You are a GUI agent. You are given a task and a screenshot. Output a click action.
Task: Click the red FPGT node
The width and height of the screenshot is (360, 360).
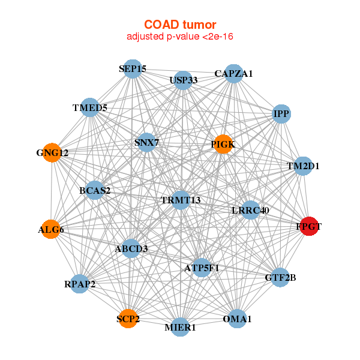pos(309,226)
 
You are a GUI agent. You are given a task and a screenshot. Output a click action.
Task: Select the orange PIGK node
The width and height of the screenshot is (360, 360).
pos(223,144)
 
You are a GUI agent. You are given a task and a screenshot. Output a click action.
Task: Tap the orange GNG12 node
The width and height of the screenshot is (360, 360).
pos(52,152)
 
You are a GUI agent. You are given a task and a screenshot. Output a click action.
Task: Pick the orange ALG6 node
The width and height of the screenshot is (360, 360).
pos(51,229)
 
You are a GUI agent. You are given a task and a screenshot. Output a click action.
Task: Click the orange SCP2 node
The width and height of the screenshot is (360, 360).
pos(128,318)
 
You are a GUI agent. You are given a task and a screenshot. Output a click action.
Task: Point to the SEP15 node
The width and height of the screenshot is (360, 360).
pos(133,69)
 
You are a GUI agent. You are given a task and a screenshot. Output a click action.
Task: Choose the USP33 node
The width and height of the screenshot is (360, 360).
pos(183,79)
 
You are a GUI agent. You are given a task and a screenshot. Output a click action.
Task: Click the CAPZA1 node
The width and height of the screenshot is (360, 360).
pos(234,74)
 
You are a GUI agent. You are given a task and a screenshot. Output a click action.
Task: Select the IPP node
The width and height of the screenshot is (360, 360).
pos(281,113)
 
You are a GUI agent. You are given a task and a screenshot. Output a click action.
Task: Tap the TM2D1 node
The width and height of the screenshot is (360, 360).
pos(303,166)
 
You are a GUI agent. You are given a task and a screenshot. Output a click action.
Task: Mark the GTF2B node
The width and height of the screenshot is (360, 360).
pos(280,277)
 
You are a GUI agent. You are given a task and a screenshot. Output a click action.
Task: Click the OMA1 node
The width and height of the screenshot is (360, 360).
pos(237,319)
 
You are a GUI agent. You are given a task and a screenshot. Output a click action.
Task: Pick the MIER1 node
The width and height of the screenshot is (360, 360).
pos(180,327)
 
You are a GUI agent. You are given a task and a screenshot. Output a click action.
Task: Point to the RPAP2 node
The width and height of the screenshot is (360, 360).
pos(80,284)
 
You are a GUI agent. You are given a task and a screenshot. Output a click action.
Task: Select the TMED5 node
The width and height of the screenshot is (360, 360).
pos(90,108)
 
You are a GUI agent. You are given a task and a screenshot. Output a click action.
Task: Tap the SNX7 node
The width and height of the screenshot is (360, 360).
pos(146,143)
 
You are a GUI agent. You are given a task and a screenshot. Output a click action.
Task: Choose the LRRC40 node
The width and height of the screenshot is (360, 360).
pos(250,210)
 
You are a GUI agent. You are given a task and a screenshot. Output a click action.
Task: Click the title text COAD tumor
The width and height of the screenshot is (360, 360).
pos(180,25)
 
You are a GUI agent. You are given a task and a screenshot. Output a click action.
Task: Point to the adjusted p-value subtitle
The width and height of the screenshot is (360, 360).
pos(180,37)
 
